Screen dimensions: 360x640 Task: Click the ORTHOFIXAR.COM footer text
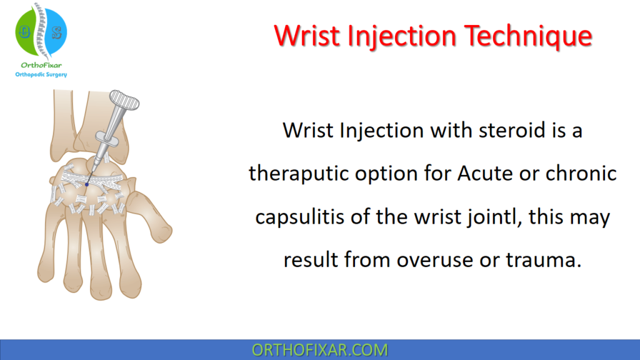(319, 350)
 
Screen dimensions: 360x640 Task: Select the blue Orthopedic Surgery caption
(41, 75)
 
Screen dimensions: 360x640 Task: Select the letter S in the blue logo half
(56, 31)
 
